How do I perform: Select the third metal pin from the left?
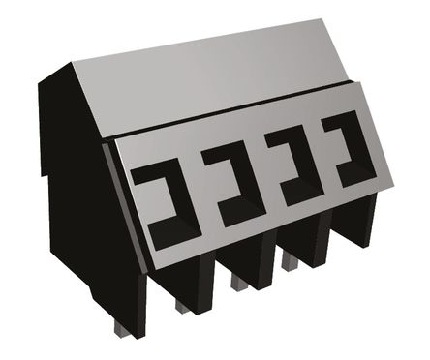(x=237, y=282)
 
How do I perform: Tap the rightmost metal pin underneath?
(x=288, y=259)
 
